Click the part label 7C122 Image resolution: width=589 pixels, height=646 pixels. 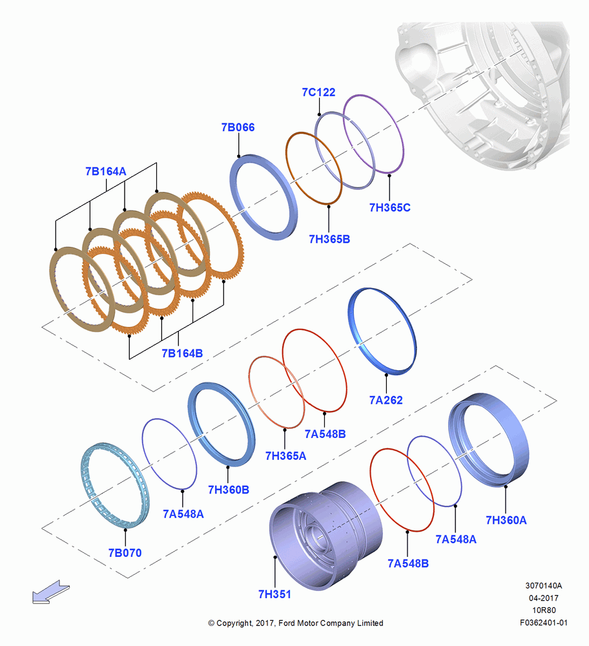click(x=318, y=92)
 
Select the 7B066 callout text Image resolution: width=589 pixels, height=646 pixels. click(x=238, y=127)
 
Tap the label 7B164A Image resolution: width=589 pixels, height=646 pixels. click(x=105, y=171)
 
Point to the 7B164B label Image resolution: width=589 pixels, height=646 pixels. click(x=182, y=353)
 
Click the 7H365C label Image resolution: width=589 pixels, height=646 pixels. click(x=389, y=207)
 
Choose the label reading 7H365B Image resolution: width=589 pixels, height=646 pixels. click(x=329, y=240)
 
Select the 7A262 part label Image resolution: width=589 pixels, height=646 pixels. click(x=386, y=400)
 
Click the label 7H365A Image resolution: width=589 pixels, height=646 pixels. click(x=285, y=456)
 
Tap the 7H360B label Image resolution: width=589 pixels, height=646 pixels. click(x=229, y=490)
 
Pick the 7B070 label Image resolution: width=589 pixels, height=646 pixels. click(x=125, y=553)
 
